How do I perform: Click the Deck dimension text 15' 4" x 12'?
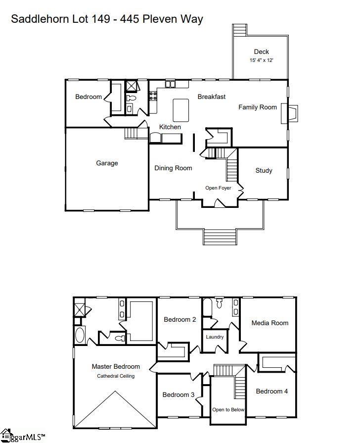click(261, 60)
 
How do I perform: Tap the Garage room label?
click(107, 163)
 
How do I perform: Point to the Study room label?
click(264, 170)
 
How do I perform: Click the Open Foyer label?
click(218, 188)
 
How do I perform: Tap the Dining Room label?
click(173, 168)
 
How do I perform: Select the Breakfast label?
click(212, 97)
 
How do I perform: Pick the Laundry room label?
click(215, 337)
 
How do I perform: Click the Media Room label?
click(270, 323)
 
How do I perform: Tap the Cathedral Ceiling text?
click(115, 376)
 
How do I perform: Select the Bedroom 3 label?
click(179, 394)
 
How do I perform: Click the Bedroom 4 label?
click(271, 391)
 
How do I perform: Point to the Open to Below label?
click(228, 410)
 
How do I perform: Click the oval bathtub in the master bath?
click(80, 336)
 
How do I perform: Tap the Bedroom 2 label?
click(180, 319)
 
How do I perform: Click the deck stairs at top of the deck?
click(239, 30)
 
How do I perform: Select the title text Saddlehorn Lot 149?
click(59, 19)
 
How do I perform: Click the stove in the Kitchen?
click(153, 95)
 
